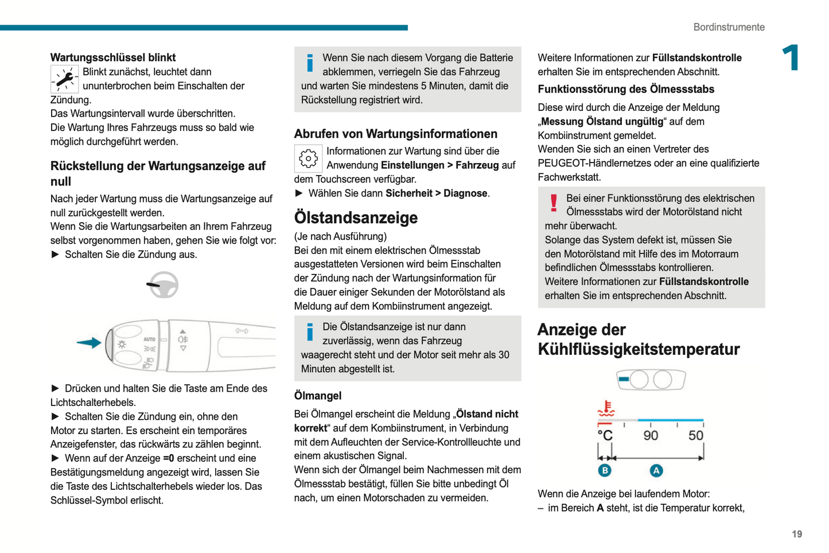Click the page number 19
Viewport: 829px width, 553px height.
[797, 534]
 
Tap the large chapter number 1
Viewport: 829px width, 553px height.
[791, 58]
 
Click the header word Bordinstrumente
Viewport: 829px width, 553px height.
[729, 27]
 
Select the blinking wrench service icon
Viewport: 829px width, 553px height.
[64, 79]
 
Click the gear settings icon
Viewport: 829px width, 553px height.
[308, 158]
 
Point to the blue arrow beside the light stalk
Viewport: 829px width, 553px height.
[89, 343]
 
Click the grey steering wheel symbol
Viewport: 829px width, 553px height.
[164, 285]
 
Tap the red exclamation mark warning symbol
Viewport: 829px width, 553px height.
[554, 203]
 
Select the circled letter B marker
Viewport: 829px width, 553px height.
[605, 471]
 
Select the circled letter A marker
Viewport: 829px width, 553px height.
[656, 471]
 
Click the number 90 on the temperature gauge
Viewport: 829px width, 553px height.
[651, 435]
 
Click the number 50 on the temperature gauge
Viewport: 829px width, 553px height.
[695, 435]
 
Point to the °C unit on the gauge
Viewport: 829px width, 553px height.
[605, 435]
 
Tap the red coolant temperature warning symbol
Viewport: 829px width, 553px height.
[606, 409]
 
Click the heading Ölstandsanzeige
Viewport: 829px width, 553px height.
[356, 218]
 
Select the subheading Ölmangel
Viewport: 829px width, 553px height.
[317, 396]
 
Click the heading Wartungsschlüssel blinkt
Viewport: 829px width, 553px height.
[112, 57]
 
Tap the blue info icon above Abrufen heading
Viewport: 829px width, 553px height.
[310, 63]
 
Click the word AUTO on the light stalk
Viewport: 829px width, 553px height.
[149, 339]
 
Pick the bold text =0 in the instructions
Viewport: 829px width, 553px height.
[168, 458]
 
